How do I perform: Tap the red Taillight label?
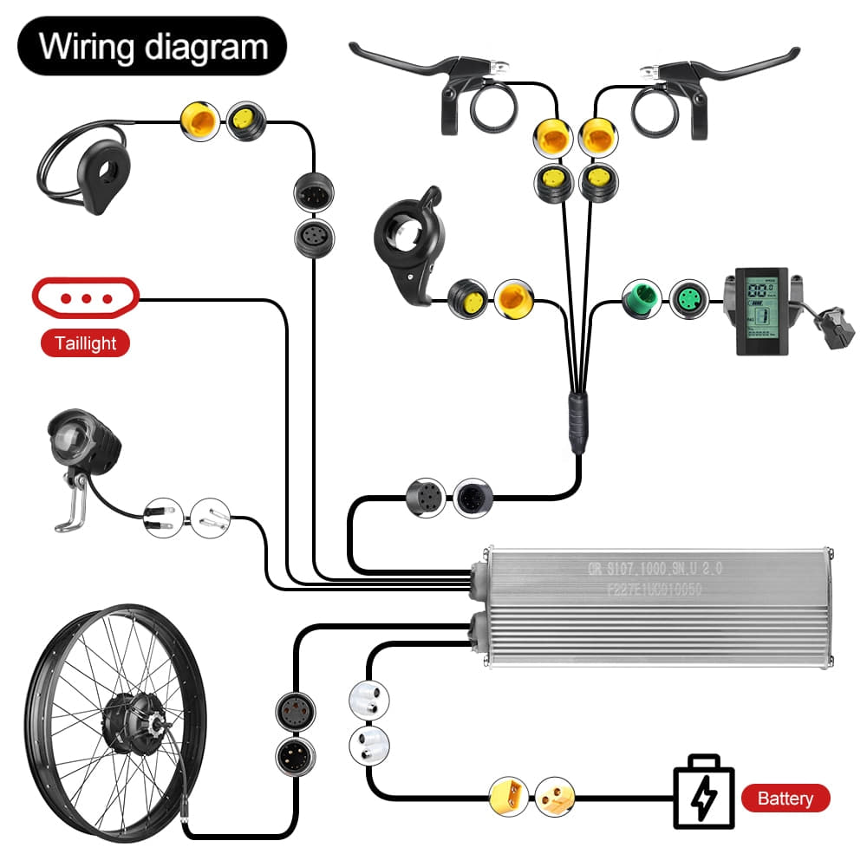(85, 342)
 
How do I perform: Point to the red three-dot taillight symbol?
(85, 298)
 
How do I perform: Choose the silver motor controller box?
(655, 607)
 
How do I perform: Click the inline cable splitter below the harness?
(577, 420)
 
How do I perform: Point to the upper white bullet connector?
(368, 697)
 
